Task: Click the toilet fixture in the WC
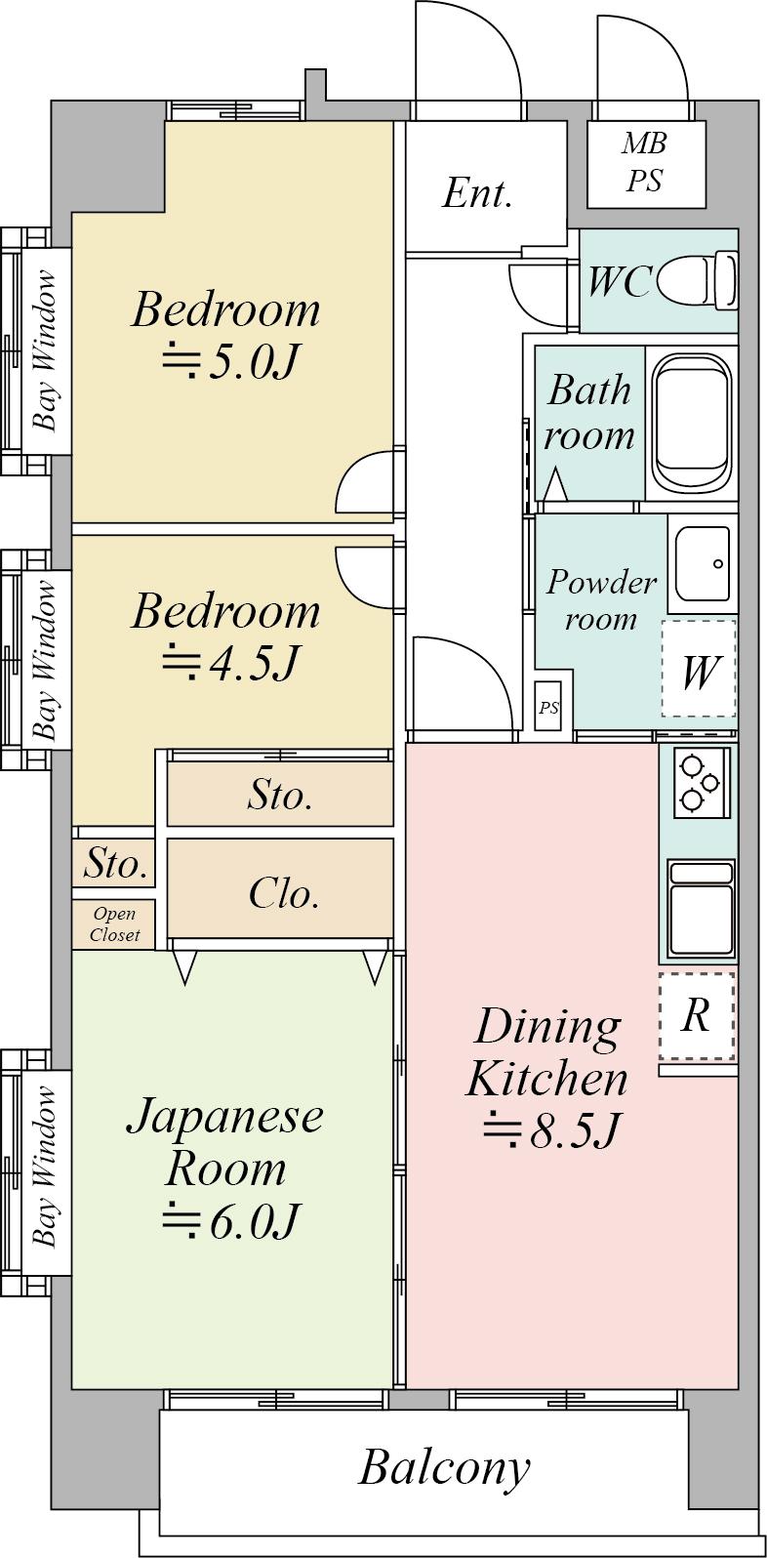click(696, 281)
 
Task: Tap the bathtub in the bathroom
click(691, 422)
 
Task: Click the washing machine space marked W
click(699, 669)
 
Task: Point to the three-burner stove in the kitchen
click(701, 783)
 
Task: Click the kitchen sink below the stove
click(701, 909)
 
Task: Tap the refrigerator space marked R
click(698, 1016)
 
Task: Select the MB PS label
click(644, 162)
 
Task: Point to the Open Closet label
click(115, 924)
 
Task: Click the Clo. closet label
click(284, 893)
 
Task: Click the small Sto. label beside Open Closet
click(115, 864)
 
